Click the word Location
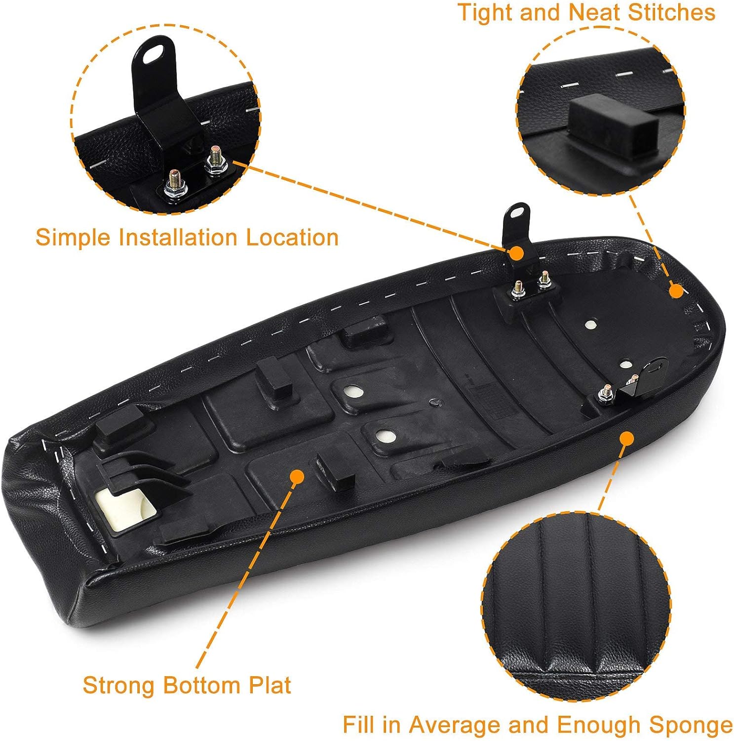292,238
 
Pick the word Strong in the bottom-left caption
119,685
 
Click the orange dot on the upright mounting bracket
516,253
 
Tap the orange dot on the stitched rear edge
676,291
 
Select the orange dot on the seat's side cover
626,438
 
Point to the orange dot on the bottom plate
296,476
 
